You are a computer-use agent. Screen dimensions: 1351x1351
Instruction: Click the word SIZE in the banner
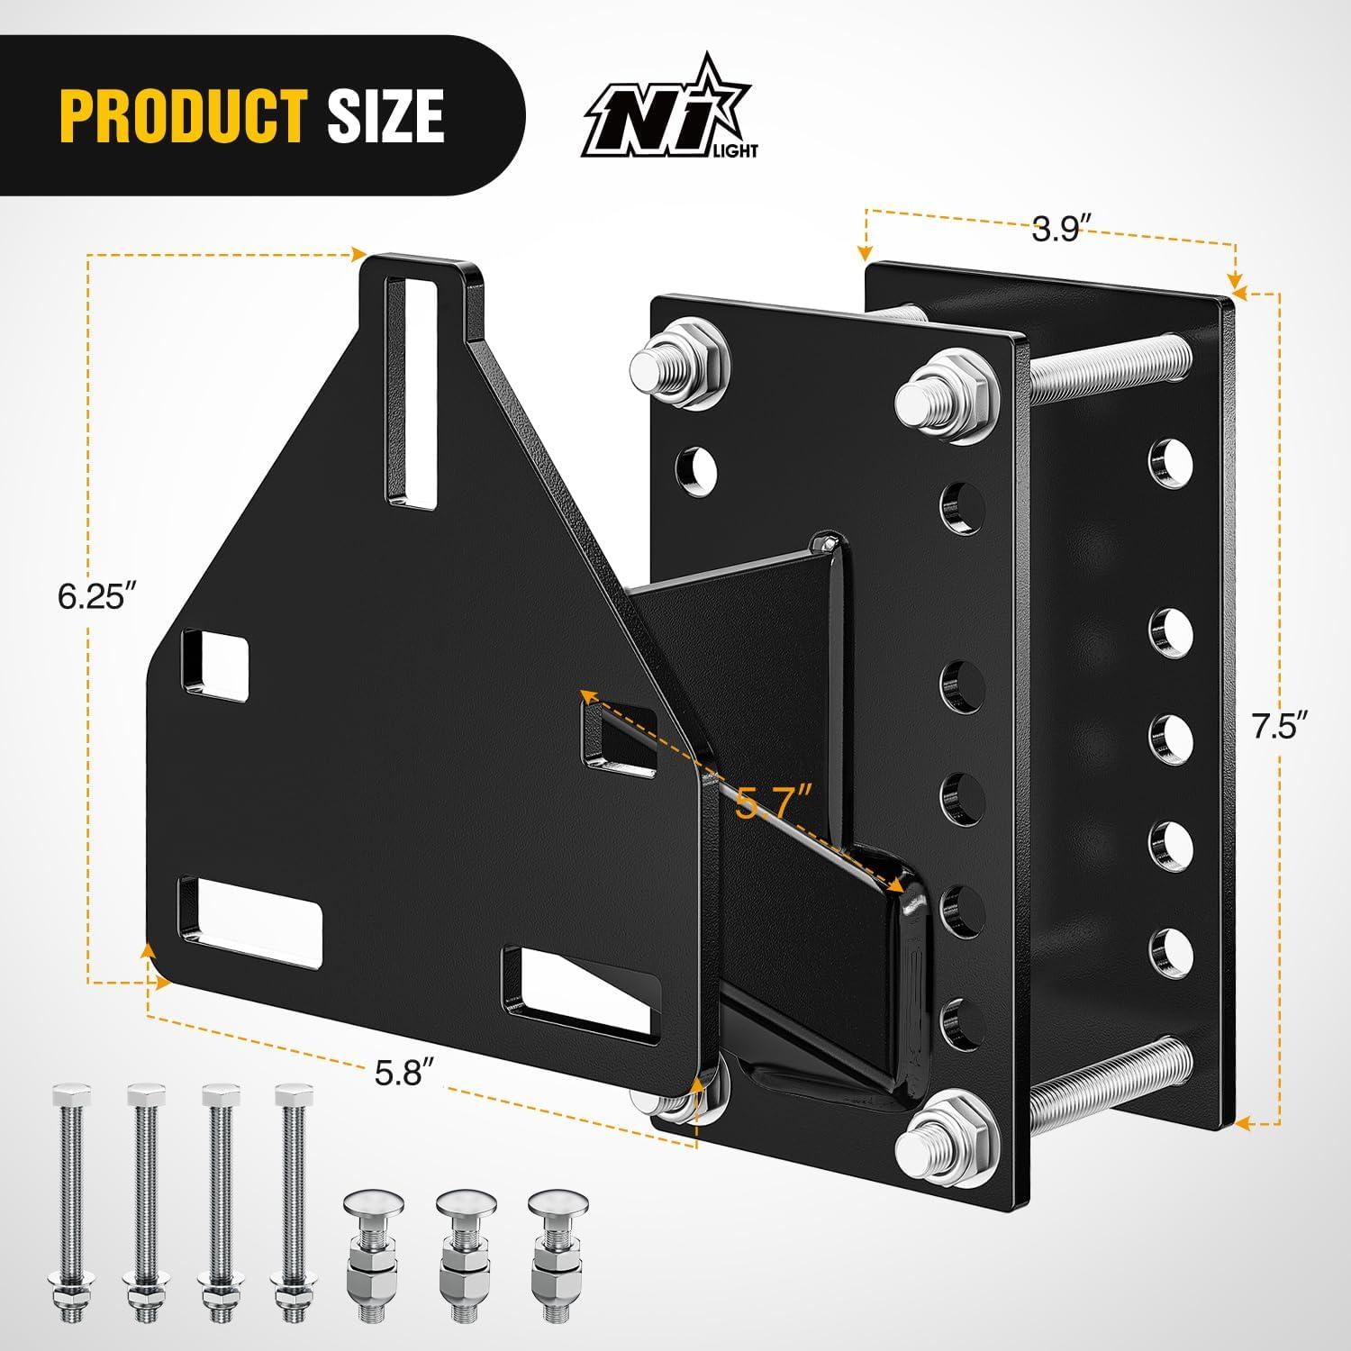(385, 116)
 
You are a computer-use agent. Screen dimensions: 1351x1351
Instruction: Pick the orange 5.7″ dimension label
(773, 800)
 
